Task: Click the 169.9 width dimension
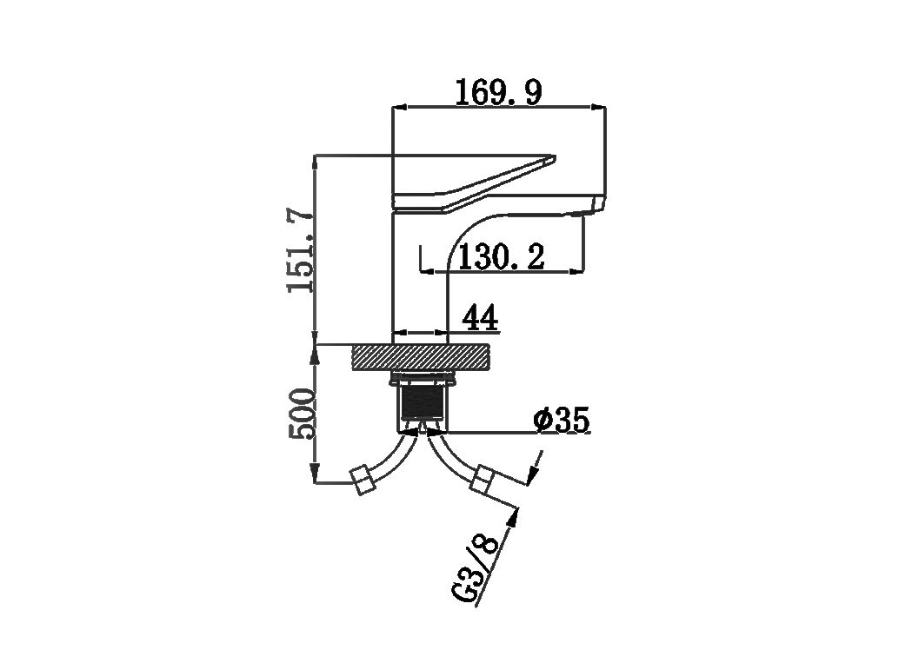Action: point(498,92)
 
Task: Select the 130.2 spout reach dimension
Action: point(502,257)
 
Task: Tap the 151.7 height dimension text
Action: point(302,250)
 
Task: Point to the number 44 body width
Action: point(480,319)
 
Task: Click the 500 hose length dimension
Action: point(303,414)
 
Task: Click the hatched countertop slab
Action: point(420,356)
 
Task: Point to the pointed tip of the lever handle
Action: point(554,157)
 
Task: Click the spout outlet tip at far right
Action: point(600,204)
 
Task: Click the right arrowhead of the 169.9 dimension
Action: point(598,107)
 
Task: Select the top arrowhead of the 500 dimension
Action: point(315,353)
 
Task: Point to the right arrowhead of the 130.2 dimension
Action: point(576,271)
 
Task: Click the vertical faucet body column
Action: point(419,273)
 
